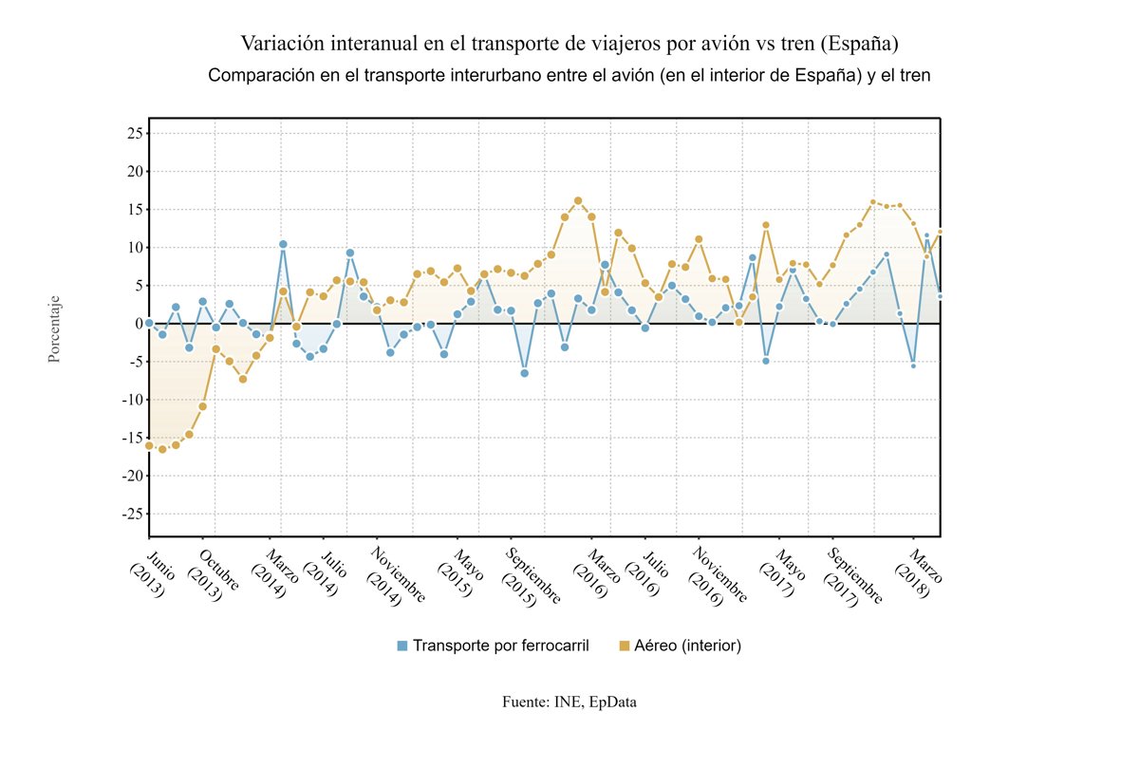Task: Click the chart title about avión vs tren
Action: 569,44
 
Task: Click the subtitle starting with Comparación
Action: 569,76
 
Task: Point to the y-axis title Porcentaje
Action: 55,328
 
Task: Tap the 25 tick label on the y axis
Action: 132,134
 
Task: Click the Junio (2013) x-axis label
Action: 145,569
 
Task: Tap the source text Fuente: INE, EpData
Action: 569,702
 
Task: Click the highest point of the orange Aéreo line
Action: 578,200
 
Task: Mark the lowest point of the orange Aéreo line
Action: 162,449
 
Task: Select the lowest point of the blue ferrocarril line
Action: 524,373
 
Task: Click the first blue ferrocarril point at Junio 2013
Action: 149,324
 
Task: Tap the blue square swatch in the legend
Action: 402,646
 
